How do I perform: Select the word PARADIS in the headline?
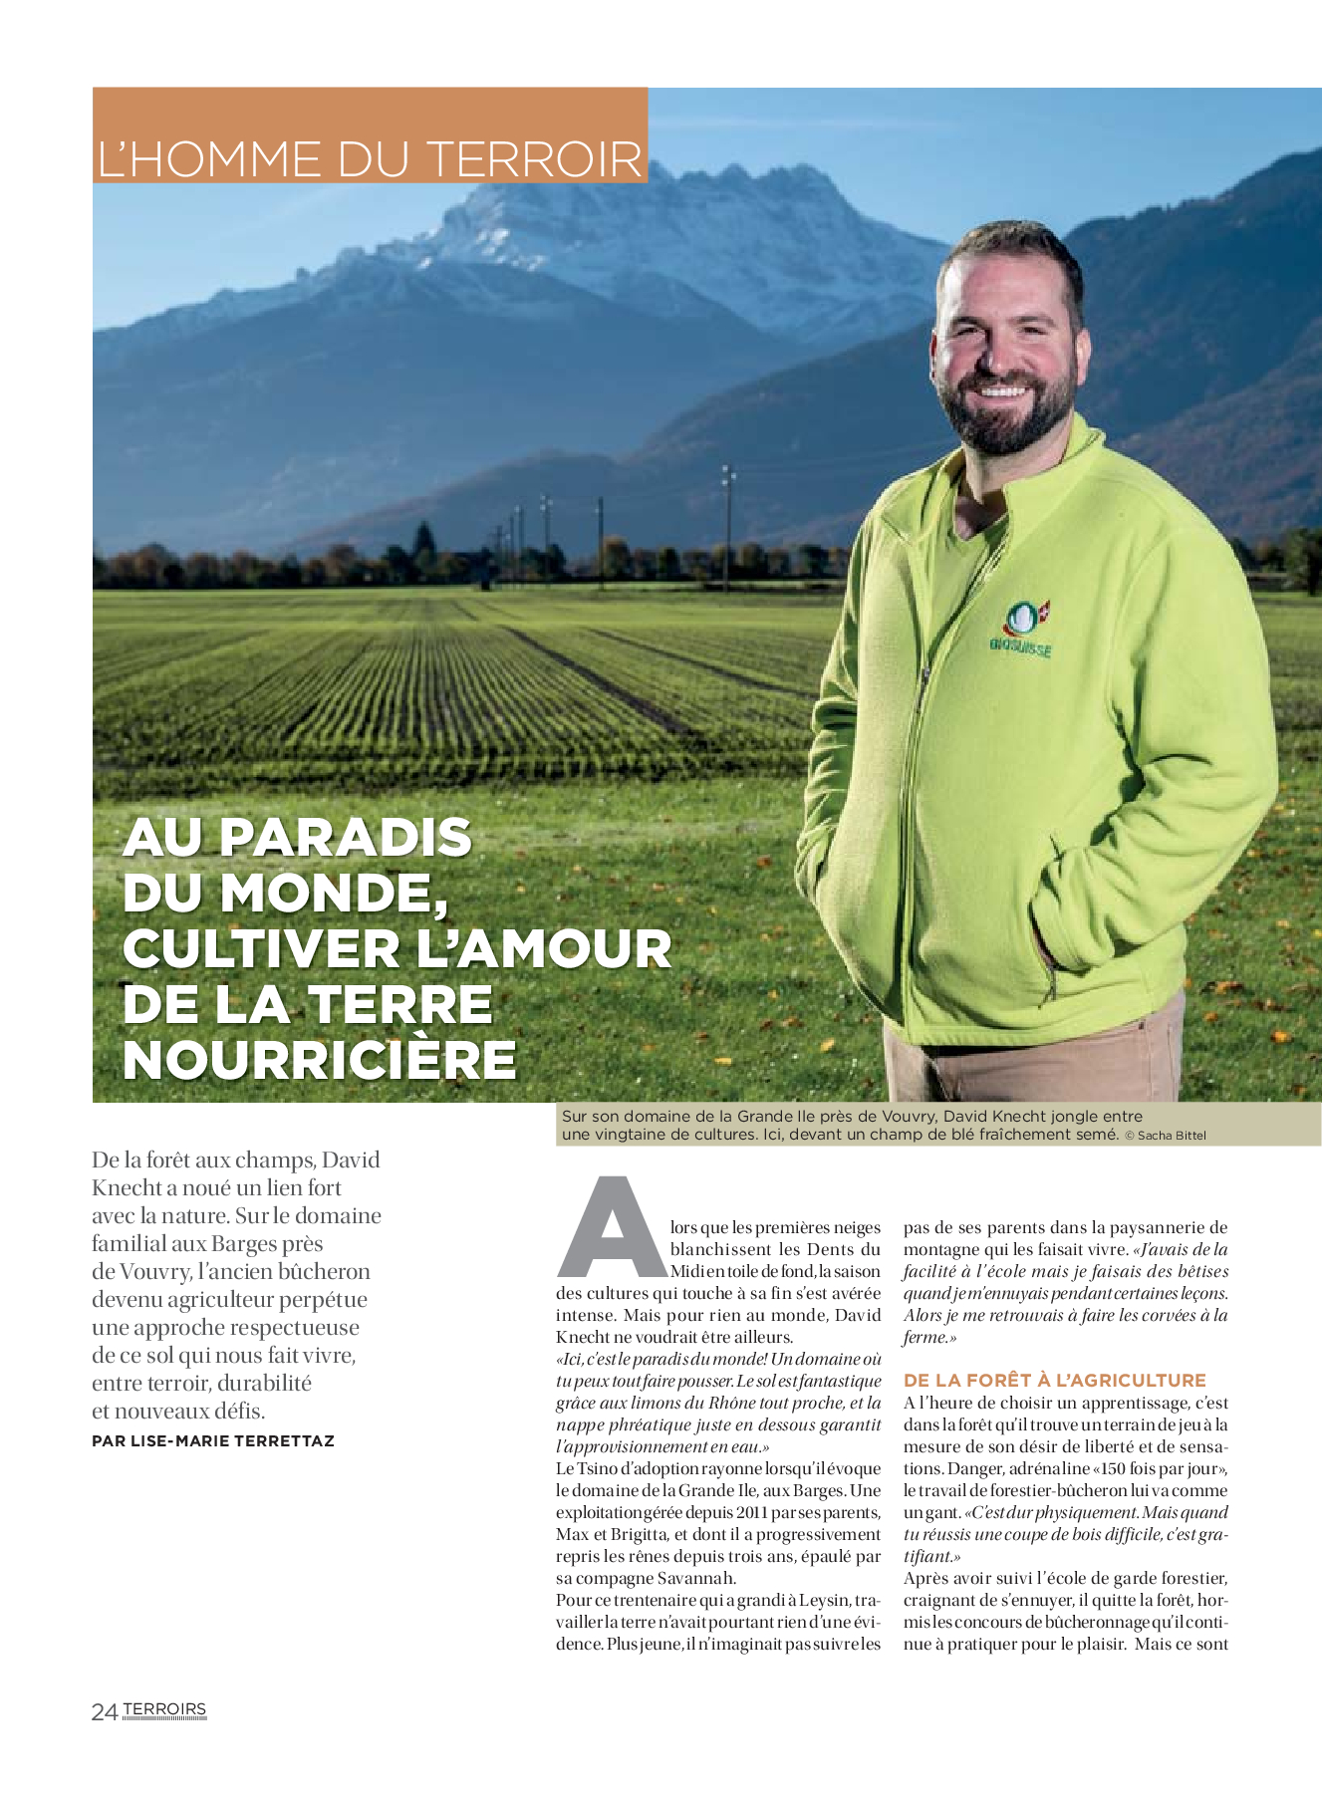click(345, 838)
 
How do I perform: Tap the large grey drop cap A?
click(611, 1229)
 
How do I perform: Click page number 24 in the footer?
click(104, 1712)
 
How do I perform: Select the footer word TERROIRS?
click(164, 1709)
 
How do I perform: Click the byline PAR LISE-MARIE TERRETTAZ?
click(213, 1441)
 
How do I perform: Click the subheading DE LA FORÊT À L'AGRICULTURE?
click(1055, 1380)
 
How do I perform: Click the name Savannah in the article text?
click(696, 1578)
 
